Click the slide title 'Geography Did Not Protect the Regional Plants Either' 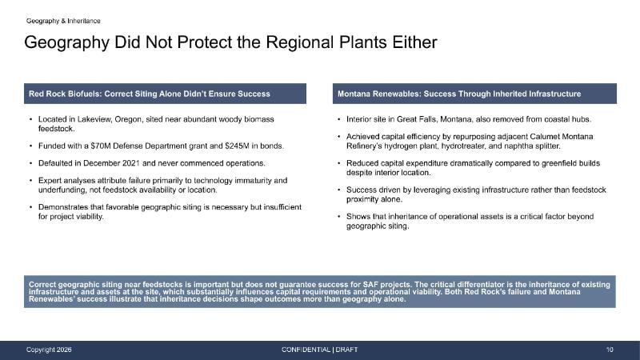(230, 42)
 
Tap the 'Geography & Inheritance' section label (63, 21)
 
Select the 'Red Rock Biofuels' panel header (165, 94)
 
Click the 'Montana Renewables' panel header (474, 94)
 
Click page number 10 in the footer (610, 350)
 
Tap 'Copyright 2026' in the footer (49, 350)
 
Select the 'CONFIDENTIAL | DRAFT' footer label (319, 350)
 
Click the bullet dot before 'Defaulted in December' (30, 163)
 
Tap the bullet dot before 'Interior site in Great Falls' (338, 119)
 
